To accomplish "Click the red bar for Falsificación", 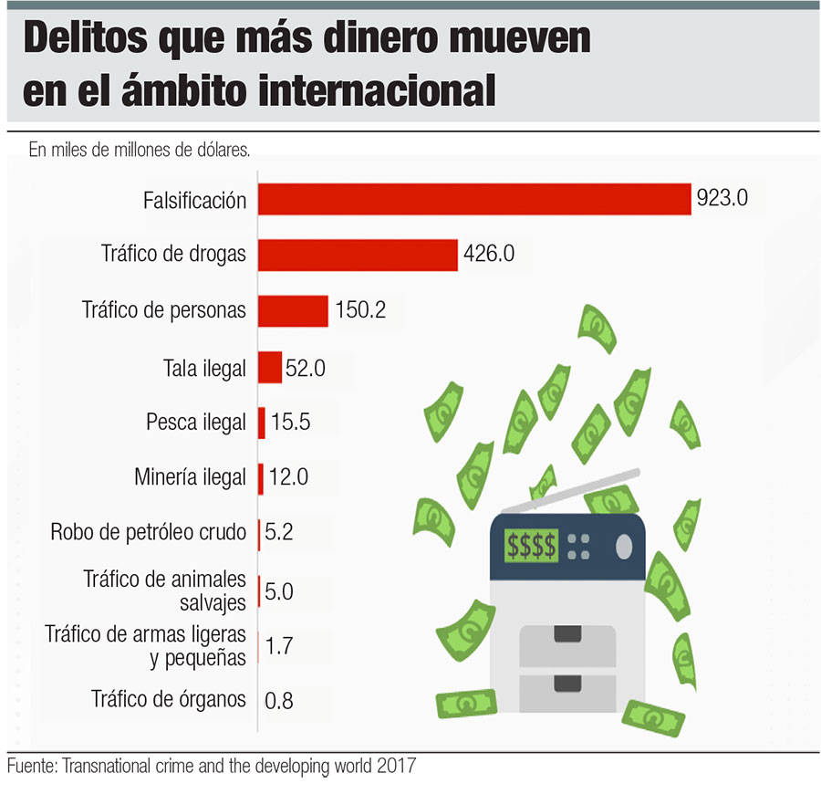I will coord(474,199).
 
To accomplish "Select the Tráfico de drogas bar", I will coord(358,255).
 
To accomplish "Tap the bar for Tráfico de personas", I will coord(293,311).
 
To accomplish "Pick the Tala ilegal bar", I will coord(270,368).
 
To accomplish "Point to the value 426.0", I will coord(489,255).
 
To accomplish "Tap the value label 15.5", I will coord(291,423).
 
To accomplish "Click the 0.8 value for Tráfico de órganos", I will coord(278,701).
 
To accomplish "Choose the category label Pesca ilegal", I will coord(196,423).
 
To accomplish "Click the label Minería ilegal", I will coord(190,476).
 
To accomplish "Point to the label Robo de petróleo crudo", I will coord(149,532).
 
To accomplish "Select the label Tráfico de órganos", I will coord(169,700).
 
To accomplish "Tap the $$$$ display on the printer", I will coord(531,545).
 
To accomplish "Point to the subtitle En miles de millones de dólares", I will coord(140,149).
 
